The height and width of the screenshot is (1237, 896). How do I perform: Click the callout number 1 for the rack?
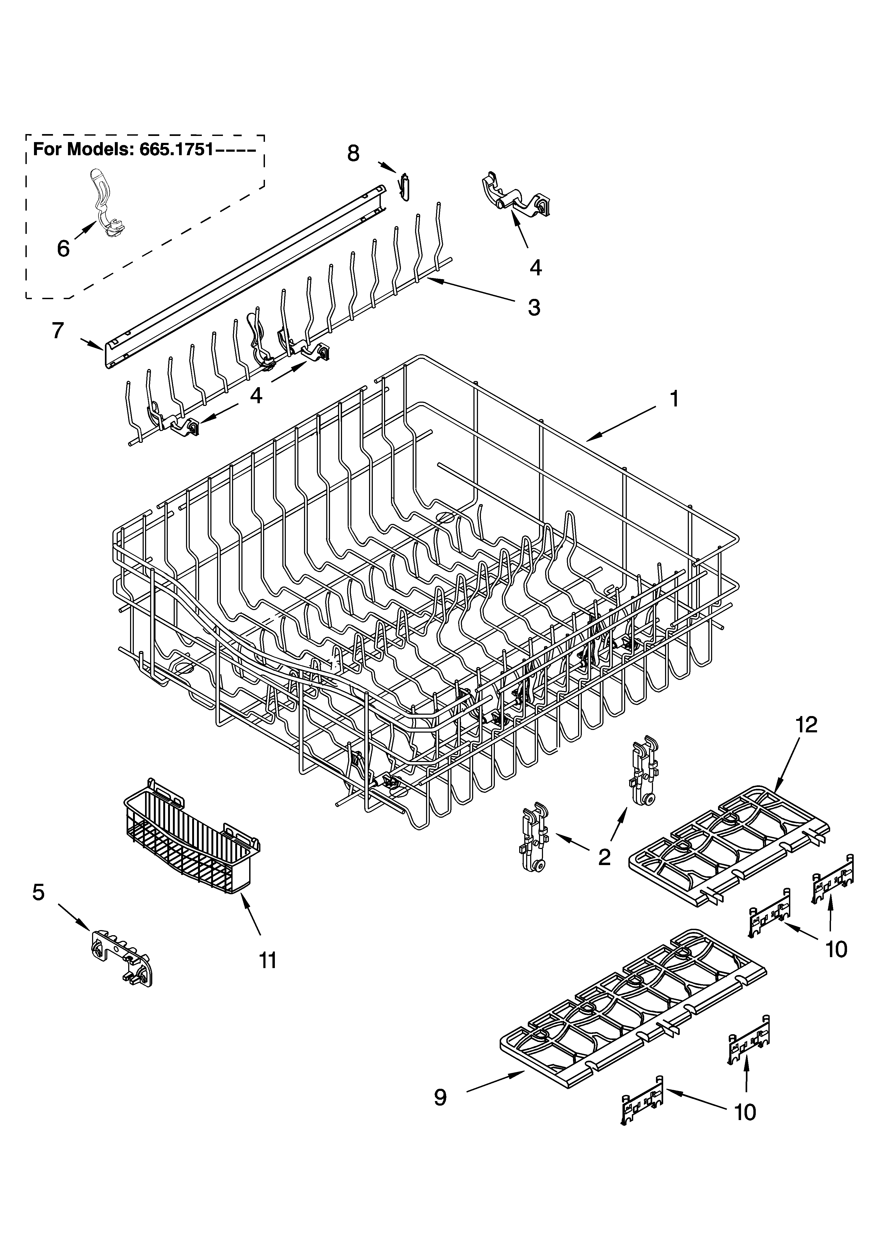(x=674, y=400)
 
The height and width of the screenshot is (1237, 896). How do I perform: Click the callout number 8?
(x=354, y=154)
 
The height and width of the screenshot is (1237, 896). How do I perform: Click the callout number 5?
(x=38, y=893)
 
